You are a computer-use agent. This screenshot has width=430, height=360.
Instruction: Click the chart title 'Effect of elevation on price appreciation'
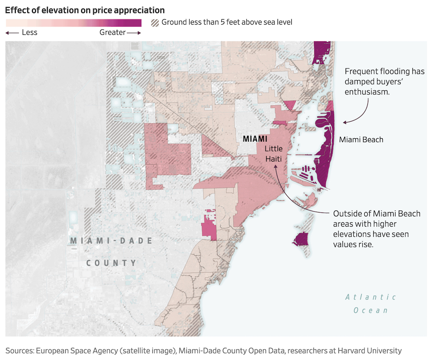tap(85, 10)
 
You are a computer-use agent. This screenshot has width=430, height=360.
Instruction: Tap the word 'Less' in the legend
tap(29, 32)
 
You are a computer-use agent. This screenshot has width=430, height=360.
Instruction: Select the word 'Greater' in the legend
tap(113, 32)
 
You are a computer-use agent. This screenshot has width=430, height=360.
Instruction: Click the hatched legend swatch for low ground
tap(155, 22)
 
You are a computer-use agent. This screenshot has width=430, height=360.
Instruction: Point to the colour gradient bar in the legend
tap(73, 23)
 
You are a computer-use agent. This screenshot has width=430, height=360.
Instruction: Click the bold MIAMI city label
tap(255, 139)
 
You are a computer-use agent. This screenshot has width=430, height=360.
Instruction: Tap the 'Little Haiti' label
tap(273, 153)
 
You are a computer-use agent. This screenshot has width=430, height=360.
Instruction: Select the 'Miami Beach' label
tap(361, 139)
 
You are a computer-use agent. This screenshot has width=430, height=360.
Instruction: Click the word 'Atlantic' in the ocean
tap(371, 297)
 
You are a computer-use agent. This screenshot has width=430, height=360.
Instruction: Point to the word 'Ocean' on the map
tap(371, 310)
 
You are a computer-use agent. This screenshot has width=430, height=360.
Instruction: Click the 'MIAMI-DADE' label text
tap(111, 241)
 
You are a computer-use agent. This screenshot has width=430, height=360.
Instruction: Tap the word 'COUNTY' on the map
tap(111, 263)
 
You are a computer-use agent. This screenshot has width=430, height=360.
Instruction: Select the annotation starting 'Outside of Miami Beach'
tap(376, 229)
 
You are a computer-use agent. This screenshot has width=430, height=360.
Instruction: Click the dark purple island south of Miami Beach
tap(301, 239)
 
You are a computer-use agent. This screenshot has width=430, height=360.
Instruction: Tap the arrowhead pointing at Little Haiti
tap(276, 166)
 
